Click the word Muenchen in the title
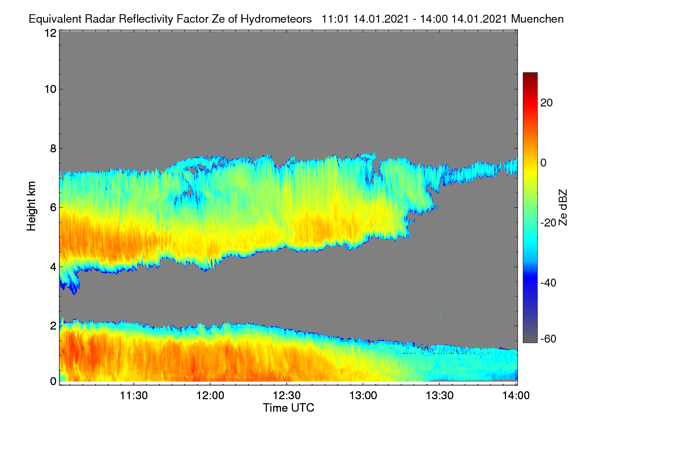click(x=537, y=19)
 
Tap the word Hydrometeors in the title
click(x=276, y=19)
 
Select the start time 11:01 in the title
click(x=335, y=19)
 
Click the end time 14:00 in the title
click(x=433, y=19)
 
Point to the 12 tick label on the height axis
click(x=50, y=33)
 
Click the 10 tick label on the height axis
click(x=50, y=89)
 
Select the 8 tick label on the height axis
click(x=53, y=148)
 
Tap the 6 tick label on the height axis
click(x=53, y=208)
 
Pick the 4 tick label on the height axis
click(x=53, y=267)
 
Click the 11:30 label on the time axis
click(x=134, y=395)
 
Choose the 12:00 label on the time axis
click(x=210, y=395)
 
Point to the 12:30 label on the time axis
click(x=287, y=395)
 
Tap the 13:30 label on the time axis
click(x=440, y=395)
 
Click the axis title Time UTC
click(x=288, y=408)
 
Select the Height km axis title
click(x=31, y=206)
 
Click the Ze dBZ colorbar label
click(x=563, y=208)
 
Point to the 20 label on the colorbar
click(x=546, y=103)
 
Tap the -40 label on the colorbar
click(x=549, y=283)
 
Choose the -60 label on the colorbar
click(x=549, y=339)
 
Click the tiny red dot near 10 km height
click(x=291, y=87)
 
